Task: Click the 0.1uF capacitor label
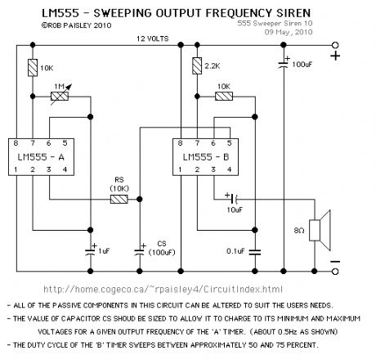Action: pos(236,252)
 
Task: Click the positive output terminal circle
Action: pos(334,56)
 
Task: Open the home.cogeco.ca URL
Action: pos(162,289)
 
